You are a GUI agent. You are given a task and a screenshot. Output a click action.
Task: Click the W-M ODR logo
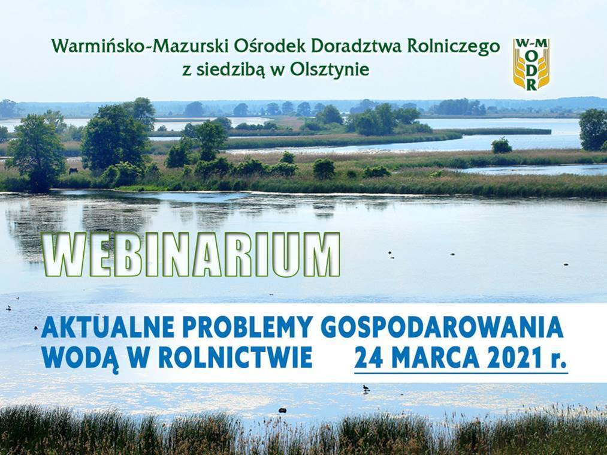[531, 64]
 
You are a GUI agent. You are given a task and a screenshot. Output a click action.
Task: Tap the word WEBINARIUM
[192, 255]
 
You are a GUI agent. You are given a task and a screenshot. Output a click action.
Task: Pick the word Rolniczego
[454, 47]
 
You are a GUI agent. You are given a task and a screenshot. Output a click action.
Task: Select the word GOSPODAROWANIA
[442, 327]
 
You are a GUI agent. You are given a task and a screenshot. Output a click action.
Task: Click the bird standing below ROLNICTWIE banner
[365, 388]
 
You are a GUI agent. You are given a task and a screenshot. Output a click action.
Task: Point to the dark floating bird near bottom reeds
[283, 410]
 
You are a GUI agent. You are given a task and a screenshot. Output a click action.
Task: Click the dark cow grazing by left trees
[73, 171]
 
